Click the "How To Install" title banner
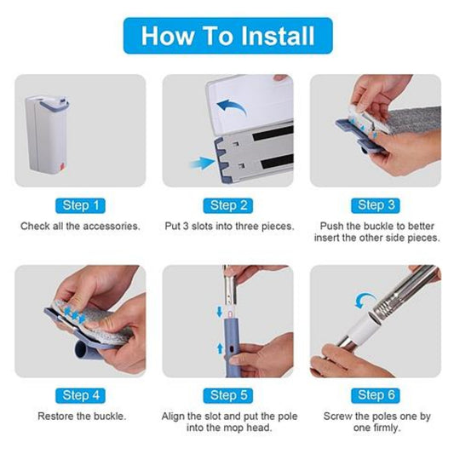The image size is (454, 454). [x=228, y=36]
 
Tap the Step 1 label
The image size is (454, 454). [x=80, y=205]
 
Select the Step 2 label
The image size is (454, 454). [x=228, y=205]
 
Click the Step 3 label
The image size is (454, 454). [x=376, y=205]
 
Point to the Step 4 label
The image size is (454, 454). [x=80, y=395]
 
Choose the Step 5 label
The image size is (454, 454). [x=228, y=395]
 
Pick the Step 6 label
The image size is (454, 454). [x=376, y=395]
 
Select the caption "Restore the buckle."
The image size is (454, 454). [x=82, y=416]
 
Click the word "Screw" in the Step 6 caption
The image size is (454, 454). [x=337, y=416]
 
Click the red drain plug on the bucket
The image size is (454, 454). [x=61, y=168]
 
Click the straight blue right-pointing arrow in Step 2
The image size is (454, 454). [x=202, y=164]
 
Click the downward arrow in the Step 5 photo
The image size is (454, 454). [x=219, y=312]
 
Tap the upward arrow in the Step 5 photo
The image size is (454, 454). [x=220, y=348]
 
